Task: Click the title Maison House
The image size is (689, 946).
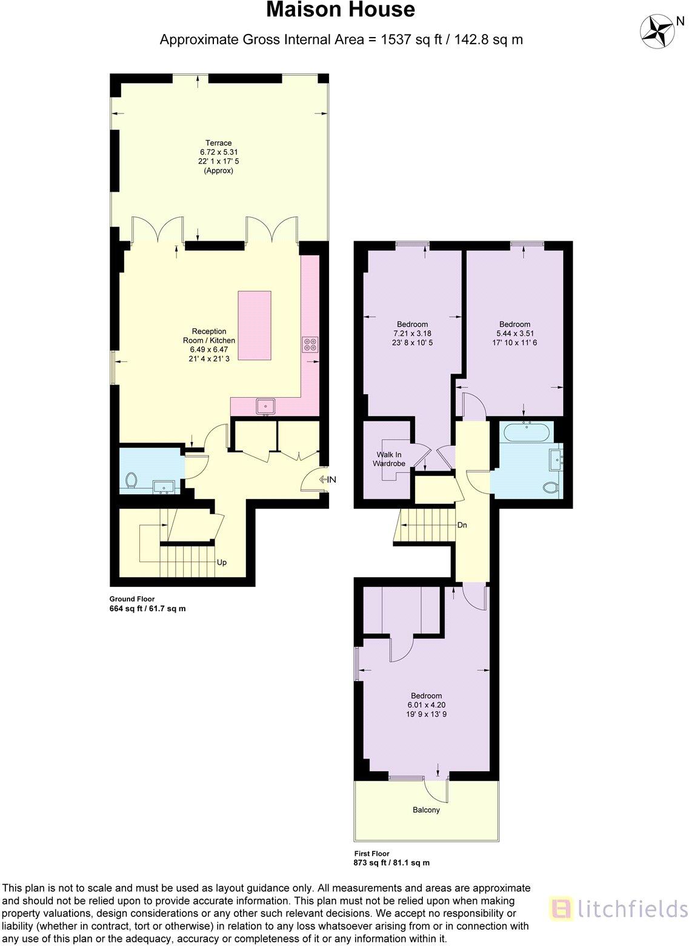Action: click(x=341, y=10)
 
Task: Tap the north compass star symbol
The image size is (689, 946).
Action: click(x=657, y=31)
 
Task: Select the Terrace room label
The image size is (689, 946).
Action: click(x=218, y=143)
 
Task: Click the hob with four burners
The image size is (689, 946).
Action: click(x=310, y=344)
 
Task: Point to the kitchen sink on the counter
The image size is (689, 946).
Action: click(x=265, y=406)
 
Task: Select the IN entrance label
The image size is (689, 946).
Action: click(x=331, y=480)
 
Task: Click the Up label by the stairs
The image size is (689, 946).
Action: click(x=222, y=562)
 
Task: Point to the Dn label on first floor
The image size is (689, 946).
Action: click(x=462, y=525)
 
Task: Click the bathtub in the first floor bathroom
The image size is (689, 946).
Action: click(x=527, y=433)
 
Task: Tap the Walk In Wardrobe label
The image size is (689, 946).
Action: click(x=389, y=459)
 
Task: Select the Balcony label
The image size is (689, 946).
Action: click(x=426, y=810)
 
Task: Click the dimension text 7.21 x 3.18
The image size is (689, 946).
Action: click(x=412, y=334)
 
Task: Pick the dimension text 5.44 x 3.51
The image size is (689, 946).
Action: click(x=514, y=334)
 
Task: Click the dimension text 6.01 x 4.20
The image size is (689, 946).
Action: click(x=426, y=705)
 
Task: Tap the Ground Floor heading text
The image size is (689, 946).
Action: click(x=132, y=599)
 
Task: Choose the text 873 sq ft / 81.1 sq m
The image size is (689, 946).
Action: click(x=391, y=863)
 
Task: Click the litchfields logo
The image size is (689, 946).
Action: click(x=618, y=908)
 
